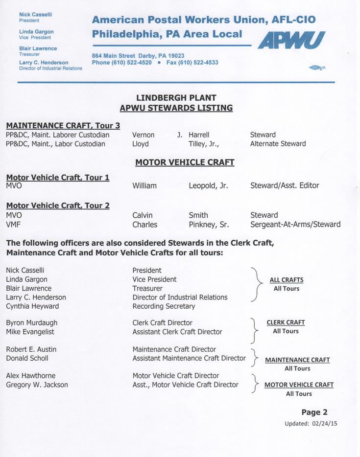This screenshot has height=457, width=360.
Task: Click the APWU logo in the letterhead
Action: click(291, 40)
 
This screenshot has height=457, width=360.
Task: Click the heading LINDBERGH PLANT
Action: click(176, 97)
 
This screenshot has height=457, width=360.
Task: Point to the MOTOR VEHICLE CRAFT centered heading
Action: click(185, 162)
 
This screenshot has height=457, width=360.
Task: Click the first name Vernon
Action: click(143, 135)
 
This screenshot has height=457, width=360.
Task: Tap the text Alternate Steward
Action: click(278, 144)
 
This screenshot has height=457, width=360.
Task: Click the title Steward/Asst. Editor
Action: click(284, 186)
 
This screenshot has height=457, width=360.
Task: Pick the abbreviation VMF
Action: click(13, 225)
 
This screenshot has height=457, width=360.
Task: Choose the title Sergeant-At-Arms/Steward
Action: click(295, 225)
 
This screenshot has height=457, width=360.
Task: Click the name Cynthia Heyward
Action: click(32, 306)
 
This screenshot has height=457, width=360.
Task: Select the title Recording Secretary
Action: click(164, 306)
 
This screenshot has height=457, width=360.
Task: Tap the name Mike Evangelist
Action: click(30, 332)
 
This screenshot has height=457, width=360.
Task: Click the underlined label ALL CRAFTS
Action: click(287, 280)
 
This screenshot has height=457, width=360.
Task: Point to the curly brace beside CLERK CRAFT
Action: click(253, 330)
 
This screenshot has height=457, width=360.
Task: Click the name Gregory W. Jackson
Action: click(37, 385)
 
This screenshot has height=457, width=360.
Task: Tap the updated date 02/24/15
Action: click(324, 424)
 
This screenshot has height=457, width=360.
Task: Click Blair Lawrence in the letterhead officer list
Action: click(38, 48)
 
